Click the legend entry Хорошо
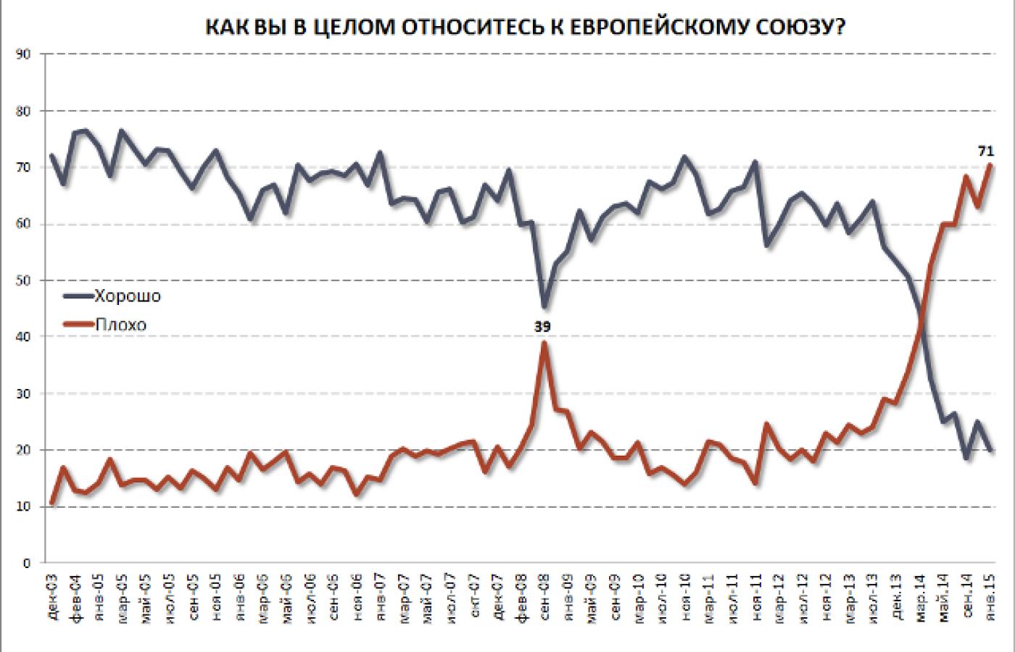(128, 296)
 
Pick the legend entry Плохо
(120, 325)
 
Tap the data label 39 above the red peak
(543, 327)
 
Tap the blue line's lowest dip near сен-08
(544, 307)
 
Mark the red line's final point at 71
(991, 164)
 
